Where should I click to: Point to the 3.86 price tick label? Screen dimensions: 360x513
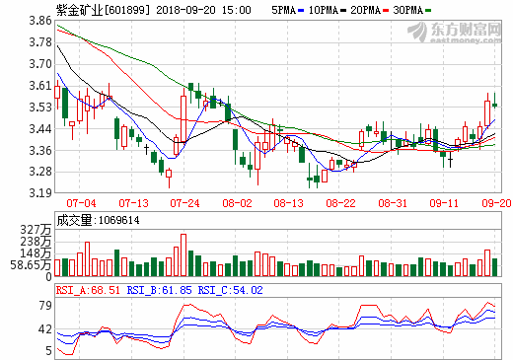pyautogui.click(x=39, y=20)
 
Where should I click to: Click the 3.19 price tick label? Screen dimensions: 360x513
pyautogui.click(x=39, y=193)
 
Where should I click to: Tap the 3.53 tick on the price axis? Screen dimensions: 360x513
pyautogui.click(x=39, y=107)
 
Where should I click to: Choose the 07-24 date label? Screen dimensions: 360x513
pyautogui.click(x=184, y=203)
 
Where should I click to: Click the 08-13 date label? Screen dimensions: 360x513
pyautogui.click(x=289, y=203)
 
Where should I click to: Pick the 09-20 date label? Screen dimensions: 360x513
pyautogui.click(x=495, y=203)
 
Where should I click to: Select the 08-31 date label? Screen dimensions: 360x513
pyautogui.click(x=393, y=203)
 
